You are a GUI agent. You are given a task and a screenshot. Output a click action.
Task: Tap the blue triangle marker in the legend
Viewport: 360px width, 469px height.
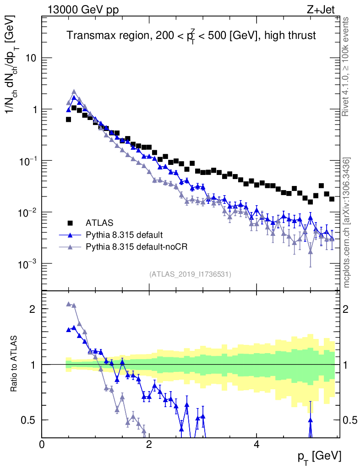[70, 235]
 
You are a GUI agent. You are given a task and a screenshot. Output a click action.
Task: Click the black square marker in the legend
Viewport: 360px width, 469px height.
[70, 223]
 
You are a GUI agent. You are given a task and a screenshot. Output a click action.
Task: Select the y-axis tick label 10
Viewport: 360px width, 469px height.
[30, 58]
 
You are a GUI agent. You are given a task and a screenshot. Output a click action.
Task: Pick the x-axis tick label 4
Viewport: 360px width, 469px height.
[256, 444]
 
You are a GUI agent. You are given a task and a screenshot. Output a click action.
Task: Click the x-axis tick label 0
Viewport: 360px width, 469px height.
[42, 444]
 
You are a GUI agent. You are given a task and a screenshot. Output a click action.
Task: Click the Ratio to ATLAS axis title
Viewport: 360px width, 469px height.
[15, 364]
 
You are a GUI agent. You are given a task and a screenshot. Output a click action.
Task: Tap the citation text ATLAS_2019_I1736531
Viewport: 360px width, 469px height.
[190, 274]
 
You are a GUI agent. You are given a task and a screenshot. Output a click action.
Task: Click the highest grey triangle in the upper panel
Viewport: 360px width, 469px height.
[74, 92]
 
